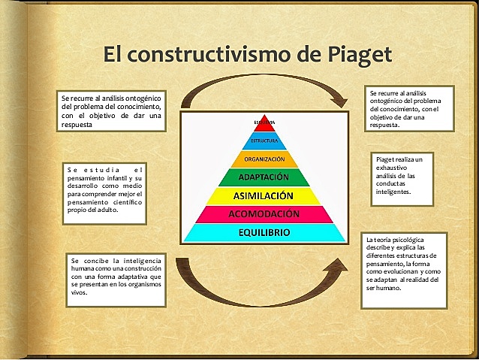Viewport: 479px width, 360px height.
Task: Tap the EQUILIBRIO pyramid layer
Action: (264, 232)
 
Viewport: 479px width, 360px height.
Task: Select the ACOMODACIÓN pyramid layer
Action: (264, 214)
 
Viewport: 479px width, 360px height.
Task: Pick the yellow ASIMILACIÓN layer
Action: (264, 196)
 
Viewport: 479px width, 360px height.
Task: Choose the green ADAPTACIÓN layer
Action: (264, 177)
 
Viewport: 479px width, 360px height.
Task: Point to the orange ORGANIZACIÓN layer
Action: (264, 159)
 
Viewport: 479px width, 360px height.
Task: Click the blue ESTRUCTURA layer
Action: (264, 141)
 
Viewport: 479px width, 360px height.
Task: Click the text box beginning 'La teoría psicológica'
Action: (404, 270)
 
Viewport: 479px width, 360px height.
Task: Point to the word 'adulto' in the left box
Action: (110, 210)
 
